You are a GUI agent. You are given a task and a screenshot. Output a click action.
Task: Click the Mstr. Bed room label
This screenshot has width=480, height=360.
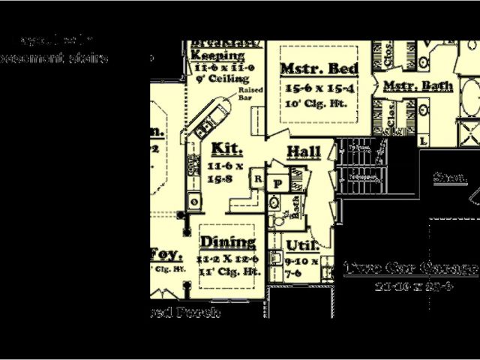(x=319, y=69)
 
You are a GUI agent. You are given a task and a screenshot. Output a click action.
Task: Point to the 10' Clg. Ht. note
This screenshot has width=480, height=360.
(x=316, y=103)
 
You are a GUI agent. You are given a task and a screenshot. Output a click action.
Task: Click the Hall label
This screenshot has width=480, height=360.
(x=304, y=152)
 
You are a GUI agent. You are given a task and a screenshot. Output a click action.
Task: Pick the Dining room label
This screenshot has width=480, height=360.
(x=228, y=242)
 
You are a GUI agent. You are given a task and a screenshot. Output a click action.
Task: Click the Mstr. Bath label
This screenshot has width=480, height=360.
(x=418, y=87)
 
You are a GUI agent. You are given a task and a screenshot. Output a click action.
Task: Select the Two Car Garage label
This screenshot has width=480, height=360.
(x=410, y=268)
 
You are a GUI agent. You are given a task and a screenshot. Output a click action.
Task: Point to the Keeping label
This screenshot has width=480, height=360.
(x=217, y=55)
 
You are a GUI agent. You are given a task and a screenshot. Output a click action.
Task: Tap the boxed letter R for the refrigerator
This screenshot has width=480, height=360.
(x=256, y=179)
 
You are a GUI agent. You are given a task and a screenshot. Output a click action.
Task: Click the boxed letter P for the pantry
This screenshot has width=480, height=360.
(x=277, y=183)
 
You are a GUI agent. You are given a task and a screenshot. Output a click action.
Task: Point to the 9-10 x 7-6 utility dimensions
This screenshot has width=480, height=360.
(x=301, y=268)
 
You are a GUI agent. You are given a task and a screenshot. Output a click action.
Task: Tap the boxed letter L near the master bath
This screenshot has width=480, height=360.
(x=423, y=140)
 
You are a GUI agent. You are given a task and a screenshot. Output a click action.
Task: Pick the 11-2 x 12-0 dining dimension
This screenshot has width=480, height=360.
(x=228, y=259)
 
